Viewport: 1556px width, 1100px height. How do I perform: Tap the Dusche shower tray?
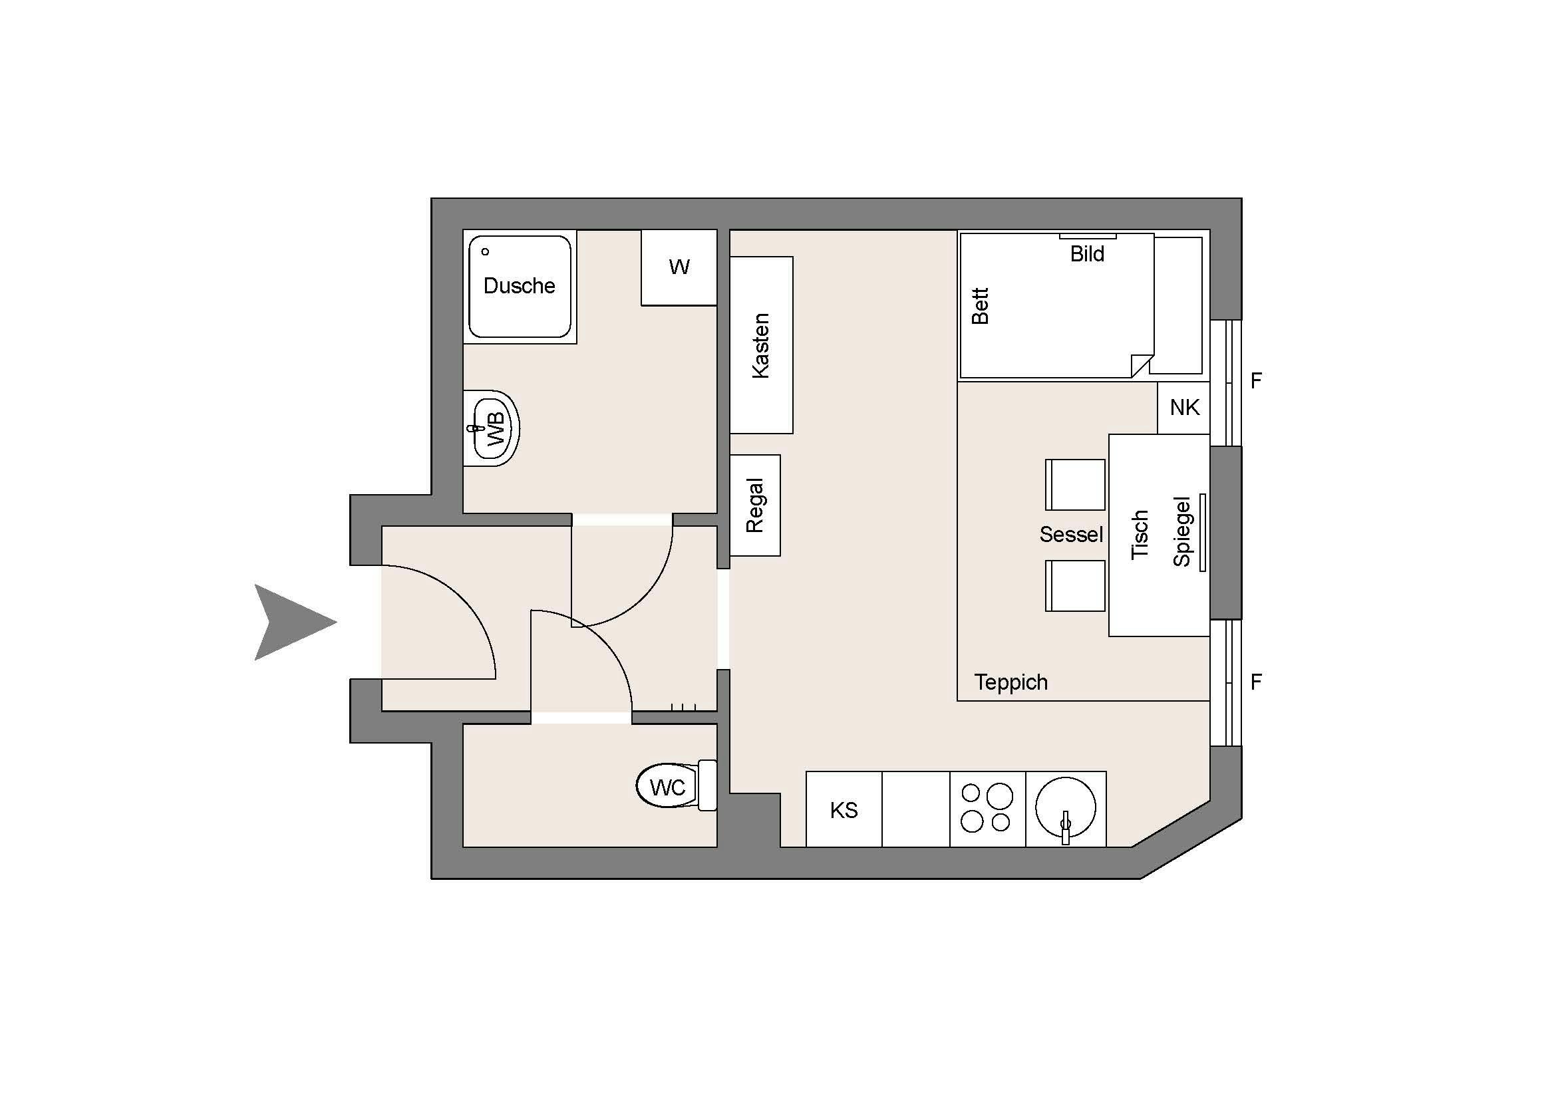pos(520,287)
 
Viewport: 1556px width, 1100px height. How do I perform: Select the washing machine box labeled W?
pos(679,267)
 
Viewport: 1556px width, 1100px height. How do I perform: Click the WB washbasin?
pos(494,428)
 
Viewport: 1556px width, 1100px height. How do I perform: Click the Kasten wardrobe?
pos(761,345)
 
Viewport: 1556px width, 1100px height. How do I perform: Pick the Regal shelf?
pos(755,505)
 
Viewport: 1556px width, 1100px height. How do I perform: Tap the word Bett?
pos(981,306)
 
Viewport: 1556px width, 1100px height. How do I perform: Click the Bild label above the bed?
pos(1087,254)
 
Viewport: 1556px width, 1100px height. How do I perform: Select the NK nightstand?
pos(1184,408)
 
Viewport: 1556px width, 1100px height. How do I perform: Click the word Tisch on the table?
pos(1140,535)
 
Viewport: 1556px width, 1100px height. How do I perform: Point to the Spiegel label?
pos(1182,532)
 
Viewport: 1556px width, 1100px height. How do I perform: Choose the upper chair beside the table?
pos(1076,484)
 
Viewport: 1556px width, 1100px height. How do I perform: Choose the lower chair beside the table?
pos(1076,586)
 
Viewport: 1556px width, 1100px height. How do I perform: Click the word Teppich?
pos(1011,682)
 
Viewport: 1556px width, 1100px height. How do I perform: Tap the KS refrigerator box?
pos(844,810)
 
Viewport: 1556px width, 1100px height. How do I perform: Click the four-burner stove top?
pos(987,809)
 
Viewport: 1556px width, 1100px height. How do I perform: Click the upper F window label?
pos(1256,381)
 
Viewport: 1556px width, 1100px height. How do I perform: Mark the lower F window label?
pos(1256,682)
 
